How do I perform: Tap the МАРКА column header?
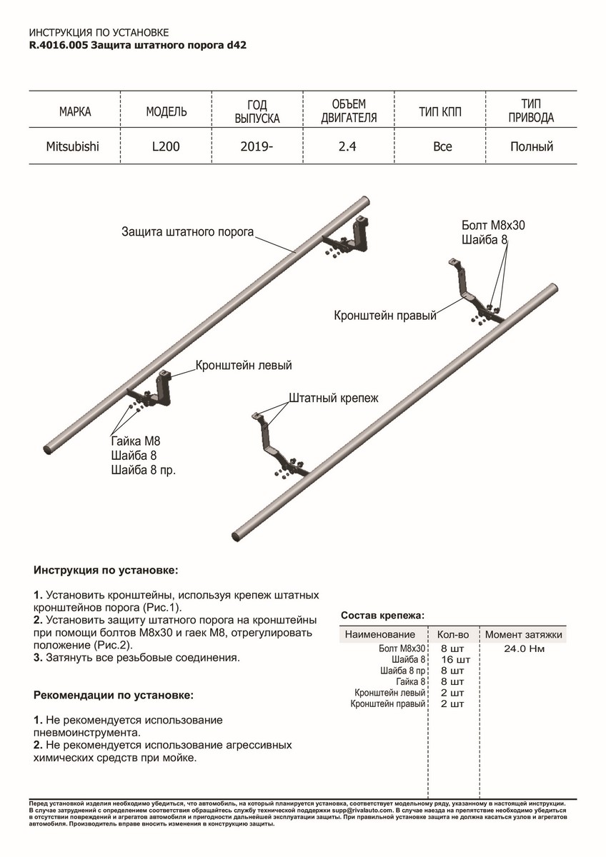point(75,112)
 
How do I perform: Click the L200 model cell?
point(166,147)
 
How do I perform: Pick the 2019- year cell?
point(257,147)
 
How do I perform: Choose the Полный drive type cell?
point(532,147)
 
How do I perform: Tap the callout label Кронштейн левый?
point(244,366)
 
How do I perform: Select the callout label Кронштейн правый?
point(384,315)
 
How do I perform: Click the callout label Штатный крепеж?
point(333,398)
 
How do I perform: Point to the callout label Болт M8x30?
point(493,225)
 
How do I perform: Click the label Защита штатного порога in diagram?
point(188,233)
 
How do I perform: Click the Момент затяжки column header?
point(524,634)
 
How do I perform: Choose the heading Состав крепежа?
point(382,615)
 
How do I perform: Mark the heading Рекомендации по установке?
point(113,694)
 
